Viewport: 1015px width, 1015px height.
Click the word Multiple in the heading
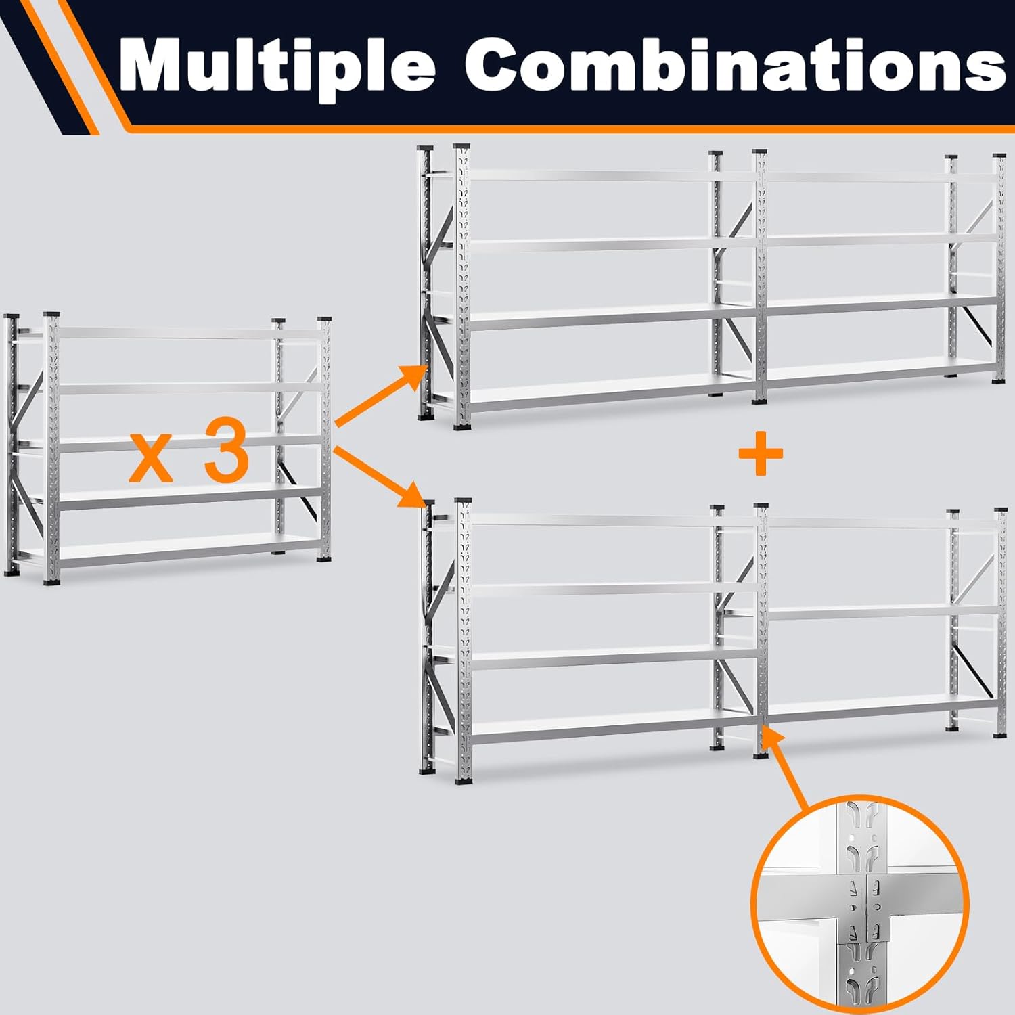pos(277,66)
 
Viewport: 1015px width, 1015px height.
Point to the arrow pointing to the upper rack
pos(380,395)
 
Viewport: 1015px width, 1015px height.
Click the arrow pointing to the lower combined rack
pos(380,476)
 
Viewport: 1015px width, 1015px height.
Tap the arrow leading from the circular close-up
pos(787,768)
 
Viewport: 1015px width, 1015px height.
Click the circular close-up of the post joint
pos(860,903)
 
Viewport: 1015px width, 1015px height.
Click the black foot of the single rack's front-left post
pos(51,581)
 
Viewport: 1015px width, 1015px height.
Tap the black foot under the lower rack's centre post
pos(761,754)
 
